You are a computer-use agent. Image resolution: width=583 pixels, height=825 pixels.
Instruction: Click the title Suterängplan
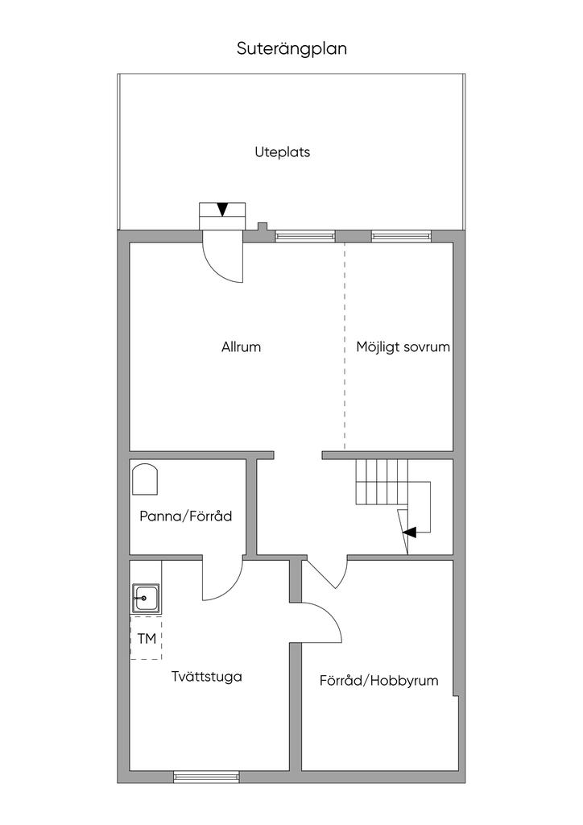click(x=291, y=49)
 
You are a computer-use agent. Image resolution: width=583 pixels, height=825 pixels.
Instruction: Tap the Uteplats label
click(x=283, y=152)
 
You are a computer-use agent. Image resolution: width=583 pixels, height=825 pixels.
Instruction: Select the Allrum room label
click(x=241, y=346)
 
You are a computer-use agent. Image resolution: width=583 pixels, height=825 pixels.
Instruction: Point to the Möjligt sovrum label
click(x=403, y=347)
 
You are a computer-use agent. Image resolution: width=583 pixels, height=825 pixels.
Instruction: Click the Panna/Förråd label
click(x=185, y=516)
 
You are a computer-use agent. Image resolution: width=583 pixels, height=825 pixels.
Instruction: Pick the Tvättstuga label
click(x=207, y=676)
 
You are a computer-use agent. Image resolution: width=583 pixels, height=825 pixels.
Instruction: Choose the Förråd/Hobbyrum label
click(x=378, y=680)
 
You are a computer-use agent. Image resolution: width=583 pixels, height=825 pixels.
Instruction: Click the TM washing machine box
click(x=146, y=638)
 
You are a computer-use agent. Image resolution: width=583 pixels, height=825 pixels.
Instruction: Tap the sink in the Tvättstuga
click(x=146, y=599)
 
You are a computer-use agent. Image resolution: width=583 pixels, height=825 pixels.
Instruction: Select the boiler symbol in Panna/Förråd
click(x=145, y=479)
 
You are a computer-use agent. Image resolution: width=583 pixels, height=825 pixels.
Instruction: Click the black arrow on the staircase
click(x=410, y=532)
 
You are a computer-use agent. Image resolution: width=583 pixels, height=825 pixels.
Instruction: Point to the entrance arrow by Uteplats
click(x=223, y=209)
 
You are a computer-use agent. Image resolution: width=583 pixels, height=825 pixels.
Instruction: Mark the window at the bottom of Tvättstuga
click(x=206, y=777)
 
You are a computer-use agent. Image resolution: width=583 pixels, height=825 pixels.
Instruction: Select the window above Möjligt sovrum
click(x=401, y=236)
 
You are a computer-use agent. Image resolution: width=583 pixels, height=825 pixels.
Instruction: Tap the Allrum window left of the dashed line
click(x=305, y=236)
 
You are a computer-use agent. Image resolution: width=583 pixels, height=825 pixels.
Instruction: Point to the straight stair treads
click(x=382, y=482)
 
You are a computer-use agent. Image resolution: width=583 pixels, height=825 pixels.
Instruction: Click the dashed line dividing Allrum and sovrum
click(x=345, y=346)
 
